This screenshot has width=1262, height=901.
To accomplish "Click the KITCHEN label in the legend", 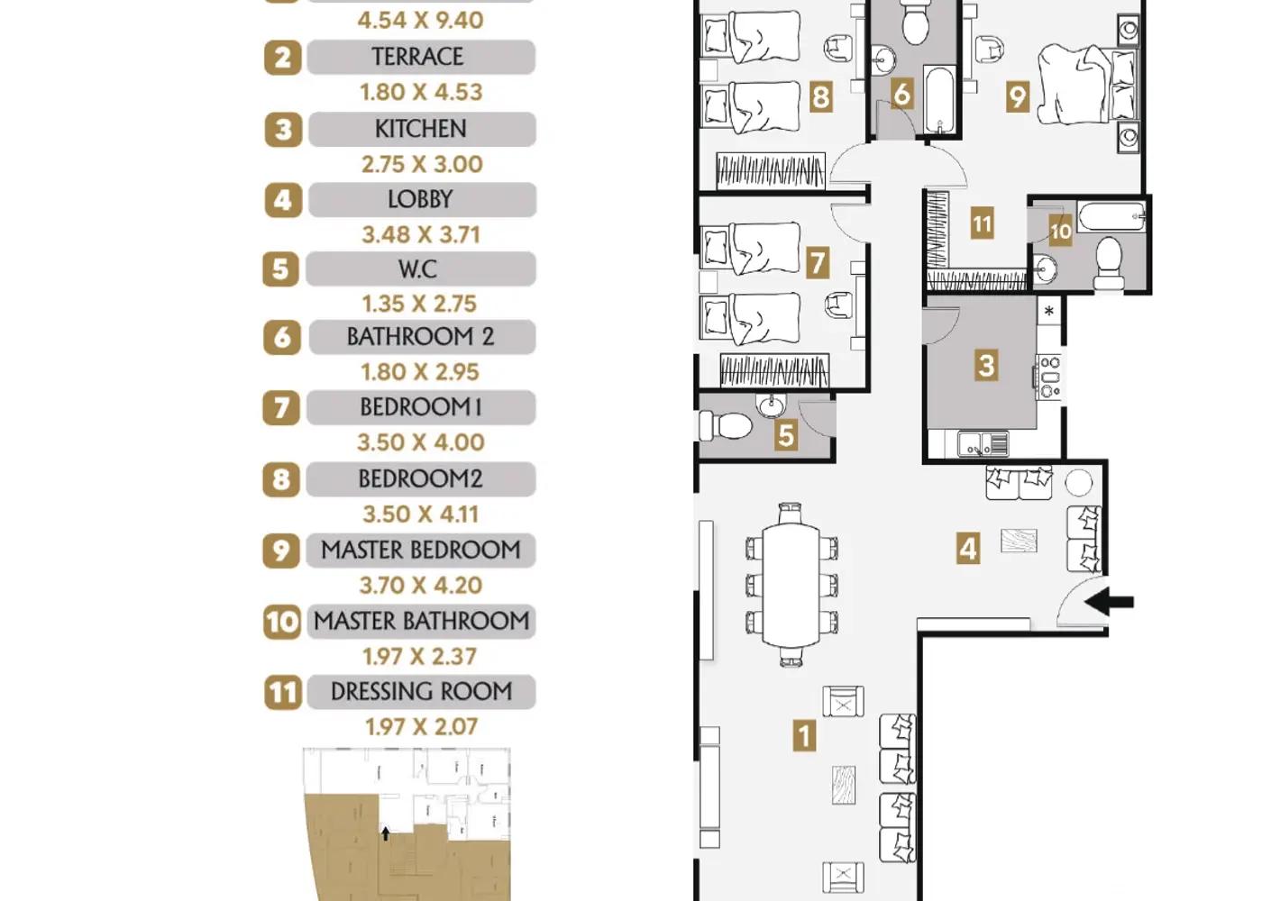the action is (421, 129).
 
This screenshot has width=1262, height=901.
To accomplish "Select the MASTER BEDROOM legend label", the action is (421, 551).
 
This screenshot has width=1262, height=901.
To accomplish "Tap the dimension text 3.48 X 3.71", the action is (421, 235).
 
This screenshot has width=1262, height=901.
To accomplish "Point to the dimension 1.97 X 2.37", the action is (420, 657).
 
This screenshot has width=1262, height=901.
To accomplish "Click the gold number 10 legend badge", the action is (281, 623).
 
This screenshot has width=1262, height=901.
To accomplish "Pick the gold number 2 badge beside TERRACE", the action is (283, 58).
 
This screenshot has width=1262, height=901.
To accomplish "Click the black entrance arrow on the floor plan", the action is (1109, 602).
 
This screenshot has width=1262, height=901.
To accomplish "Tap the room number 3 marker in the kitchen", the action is (986, 366).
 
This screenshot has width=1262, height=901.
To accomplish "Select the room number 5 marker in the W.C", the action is (786, 435).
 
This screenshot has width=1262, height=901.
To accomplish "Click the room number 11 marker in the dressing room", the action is (982, 223).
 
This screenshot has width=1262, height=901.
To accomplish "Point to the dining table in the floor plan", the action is (791, 585).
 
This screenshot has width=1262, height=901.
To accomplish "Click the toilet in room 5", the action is (725, 425).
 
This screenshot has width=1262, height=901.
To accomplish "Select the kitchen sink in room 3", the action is (983, 443).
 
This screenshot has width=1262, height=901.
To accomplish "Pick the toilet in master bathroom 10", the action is (1110, 263).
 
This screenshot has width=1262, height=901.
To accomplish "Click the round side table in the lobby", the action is (1079, 483).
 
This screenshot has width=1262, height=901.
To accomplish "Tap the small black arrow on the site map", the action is (386, 833).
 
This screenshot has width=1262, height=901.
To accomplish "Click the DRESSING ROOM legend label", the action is (422, 692).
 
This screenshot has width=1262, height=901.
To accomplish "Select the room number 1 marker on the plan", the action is (804, 735).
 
